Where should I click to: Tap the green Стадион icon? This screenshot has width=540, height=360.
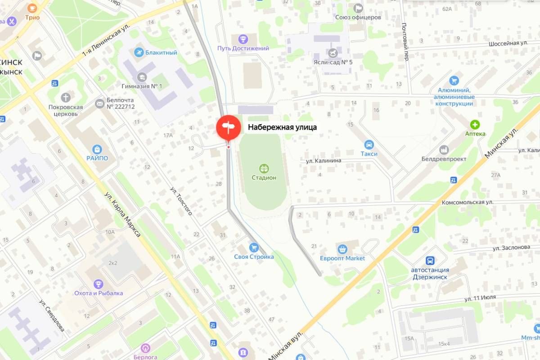[264, 168]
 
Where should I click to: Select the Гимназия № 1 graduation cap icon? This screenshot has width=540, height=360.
[142, 76]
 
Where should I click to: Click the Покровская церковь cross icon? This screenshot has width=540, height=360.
[66, 97]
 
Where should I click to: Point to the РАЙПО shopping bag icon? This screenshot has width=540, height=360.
[97, 149]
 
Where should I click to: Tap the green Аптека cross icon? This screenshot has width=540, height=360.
[475, 124]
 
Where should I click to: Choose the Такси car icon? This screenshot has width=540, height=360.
[369, 144]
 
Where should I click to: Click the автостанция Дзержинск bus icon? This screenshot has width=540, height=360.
[430, 261]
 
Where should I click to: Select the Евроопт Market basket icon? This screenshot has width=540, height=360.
[342, 249]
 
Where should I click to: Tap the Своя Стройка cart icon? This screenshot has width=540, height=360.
[254, 247]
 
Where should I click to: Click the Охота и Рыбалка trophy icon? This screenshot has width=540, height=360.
[99, 284]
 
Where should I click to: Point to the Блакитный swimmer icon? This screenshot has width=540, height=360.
[139, 52]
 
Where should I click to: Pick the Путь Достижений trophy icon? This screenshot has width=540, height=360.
[243, 39]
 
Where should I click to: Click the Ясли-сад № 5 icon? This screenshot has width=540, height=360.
[333, 53]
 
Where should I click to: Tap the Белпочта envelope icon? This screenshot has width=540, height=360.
[99, 103]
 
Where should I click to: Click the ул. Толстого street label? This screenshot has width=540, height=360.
[182, 200]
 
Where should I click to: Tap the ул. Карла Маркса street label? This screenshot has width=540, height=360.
[122, 214]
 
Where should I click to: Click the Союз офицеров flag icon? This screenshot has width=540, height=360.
[358, 8]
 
